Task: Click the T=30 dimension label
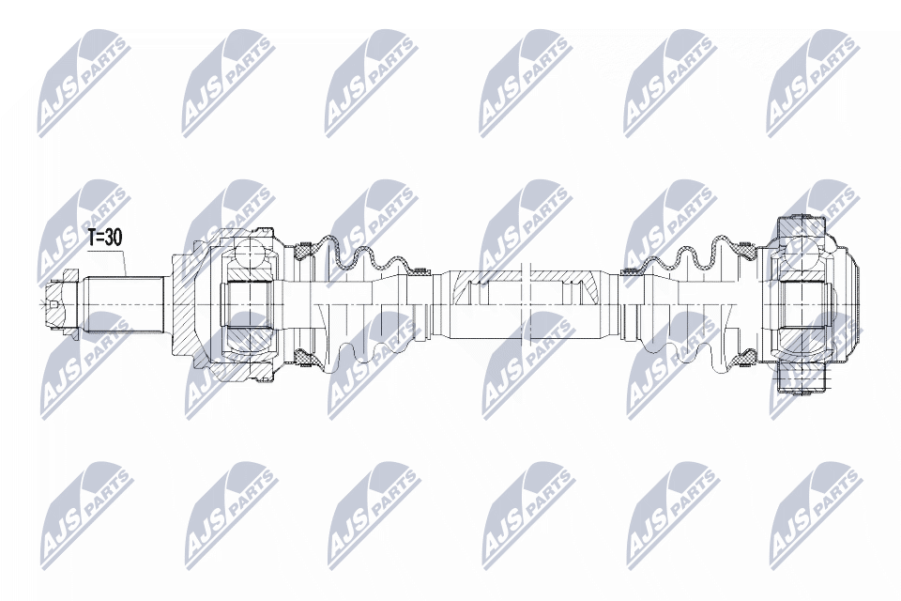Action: pos(105,239)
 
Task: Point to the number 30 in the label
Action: pos(114,239)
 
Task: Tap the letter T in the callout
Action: pos(93,239)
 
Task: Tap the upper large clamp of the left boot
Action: pos(302,250)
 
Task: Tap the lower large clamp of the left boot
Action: pos(302,357)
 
